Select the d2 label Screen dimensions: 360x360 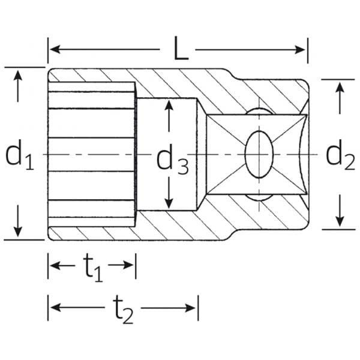(339, 156)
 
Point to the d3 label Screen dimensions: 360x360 (172, 160)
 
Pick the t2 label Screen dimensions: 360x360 (122, 310)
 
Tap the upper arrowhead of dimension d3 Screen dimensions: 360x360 (170, 106)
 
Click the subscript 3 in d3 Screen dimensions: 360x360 (182, 166)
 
